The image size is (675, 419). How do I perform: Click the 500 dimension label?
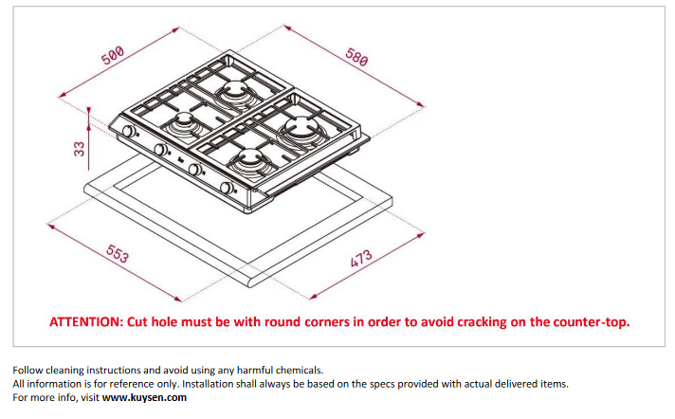click(x=113, y=55)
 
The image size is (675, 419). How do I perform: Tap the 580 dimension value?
click(x=356, y=57)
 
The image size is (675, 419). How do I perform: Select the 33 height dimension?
click(x=80, y=149)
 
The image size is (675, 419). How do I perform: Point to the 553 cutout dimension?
click(x=118, y=254)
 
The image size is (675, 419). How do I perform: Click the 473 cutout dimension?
click(x=361, y=258)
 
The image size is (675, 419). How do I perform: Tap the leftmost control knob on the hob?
click(x=128, y=132)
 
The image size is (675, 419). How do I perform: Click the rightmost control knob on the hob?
click(x=226, y=188)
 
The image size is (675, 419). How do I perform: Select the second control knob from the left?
click(x=160, y=150)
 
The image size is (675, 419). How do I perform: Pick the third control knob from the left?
click(x=194, y=170)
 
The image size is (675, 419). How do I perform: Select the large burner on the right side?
click(x=301, y=128)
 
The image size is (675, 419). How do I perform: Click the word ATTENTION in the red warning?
click(x=86, y=322)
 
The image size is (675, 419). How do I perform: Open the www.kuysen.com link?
click(x=144, y=397)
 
